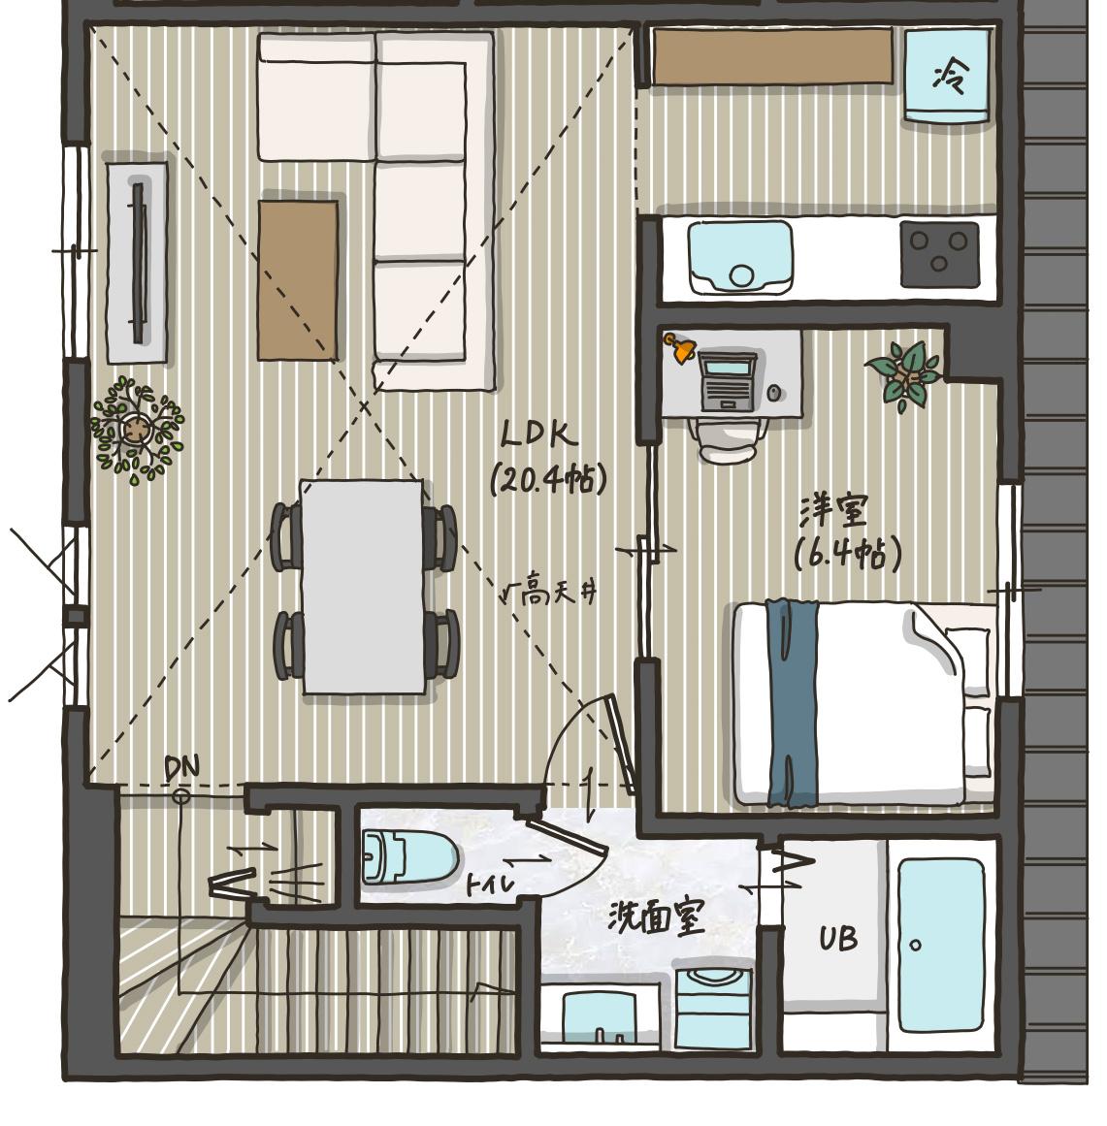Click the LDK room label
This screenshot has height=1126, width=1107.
(x=538, y=434)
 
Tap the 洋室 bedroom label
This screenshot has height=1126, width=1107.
(x=834, y=511)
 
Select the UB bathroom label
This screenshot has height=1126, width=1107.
(x=838, y=938)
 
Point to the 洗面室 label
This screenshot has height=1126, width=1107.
(x=656, y=917)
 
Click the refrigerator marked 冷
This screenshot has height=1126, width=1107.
(x=946, y=76)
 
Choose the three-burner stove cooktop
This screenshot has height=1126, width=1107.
(x=939, y=253)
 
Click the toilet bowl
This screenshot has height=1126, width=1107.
(x=409, y=856)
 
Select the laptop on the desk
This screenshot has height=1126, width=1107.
(x=728, y=380)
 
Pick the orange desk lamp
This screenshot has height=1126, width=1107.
(x=679, y=347)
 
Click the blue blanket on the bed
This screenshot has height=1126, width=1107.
(x=792, y=703)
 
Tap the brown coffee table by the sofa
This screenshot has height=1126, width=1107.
(x=298, y=280)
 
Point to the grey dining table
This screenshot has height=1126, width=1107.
(x=363, y=587)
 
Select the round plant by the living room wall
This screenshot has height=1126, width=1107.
(x=137, y=430)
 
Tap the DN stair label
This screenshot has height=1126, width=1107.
(x=181, y=768)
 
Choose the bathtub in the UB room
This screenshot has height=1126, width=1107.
(x=940, y=945)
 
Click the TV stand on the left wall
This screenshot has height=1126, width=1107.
(x=138, y=262)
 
